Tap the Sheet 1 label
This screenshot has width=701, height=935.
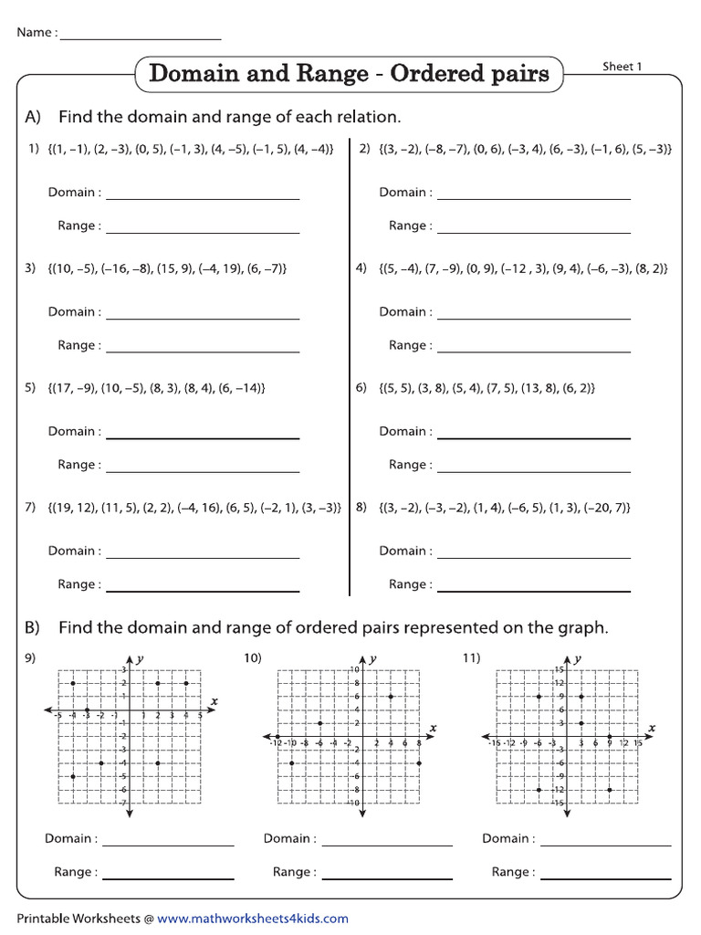[x=622, y=67]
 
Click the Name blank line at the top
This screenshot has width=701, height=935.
[x=141, y=37]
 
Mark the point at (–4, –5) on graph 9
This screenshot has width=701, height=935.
[x=72, y=776]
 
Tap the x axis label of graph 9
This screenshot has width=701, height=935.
[x=214, y=701]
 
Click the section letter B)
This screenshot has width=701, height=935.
[x=34, y=628]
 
